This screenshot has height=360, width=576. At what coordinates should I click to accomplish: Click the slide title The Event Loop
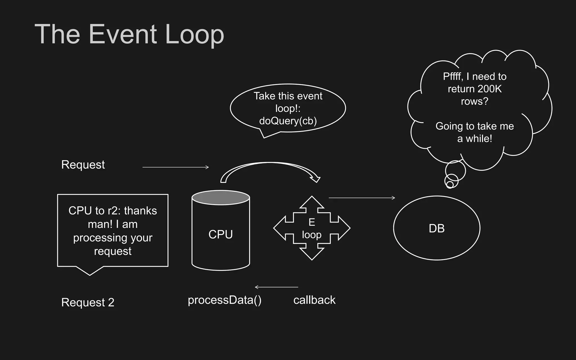[x=129, y=34]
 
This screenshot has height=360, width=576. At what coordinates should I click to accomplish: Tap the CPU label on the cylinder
[x=220, y=234]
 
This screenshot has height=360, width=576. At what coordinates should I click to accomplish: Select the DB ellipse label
[x=436, y=228]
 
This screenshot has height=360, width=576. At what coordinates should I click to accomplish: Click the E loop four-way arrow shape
[x=312, y=228]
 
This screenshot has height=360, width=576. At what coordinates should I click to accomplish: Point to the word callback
[x=314, y=300]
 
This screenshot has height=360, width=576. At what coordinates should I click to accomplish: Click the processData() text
[x=224, y=300]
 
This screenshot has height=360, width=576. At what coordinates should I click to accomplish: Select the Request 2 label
[x=88, y=302]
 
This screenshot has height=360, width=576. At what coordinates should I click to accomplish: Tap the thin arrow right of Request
[x=175, y=167]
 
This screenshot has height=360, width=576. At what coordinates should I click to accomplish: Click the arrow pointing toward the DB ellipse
[x=362, y=198]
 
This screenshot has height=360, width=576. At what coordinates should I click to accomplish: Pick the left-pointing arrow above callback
[x=276, y=287]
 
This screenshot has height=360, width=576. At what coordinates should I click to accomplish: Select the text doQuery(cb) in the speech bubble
[x=288, y=121]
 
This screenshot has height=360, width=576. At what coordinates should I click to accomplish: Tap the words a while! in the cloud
[x=474, y=139]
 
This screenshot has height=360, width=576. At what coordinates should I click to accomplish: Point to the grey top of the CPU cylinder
[x=220, y=197]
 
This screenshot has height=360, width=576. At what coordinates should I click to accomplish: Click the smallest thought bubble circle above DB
[x=450, y=184]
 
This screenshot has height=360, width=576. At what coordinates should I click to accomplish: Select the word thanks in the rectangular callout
[x=140, y=211]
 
